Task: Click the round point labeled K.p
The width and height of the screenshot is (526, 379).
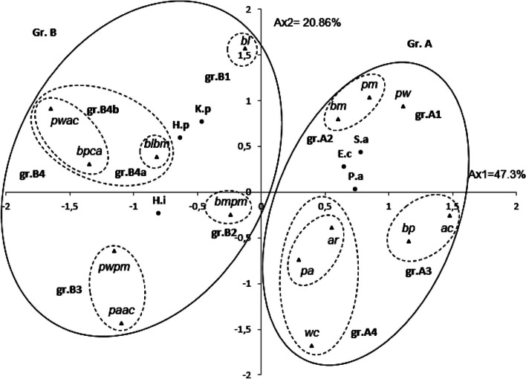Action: coord(201,121)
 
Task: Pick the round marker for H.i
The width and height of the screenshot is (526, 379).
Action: coord(159,213)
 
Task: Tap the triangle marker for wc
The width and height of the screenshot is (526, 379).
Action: coord(312,346)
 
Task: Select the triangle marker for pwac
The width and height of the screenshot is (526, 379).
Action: coord(51,108)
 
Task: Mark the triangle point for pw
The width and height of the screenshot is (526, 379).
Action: coord(403,106)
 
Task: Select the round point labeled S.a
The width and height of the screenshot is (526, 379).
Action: coord(361,152)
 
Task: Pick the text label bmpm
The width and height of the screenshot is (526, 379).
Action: coord(230,201)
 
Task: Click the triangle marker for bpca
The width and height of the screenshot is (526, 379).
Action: coord(89,164)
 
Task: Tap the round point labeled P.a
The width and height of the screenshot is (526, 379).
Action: coord(355,189)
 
